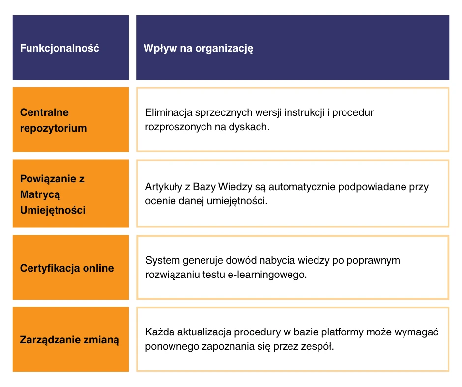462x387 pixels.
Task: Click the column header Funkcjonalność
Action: [59, 48]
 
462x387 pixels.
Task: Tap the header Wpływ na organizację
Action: [198, 48]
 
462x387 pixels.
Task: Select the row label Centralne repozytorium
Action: [54, 120]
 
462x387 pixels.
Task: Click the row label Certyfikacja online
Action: [67, 268]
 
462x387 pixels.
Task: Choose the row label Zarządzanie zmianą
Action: [69, 340]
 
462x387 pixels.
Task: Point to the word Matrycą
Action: [40, 194]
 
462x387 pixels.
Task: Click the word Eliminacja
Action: [169, 112]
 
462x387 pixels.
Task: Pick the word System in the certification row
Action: [163, 261]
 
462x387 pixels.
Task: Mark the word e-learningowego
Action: [267, 275]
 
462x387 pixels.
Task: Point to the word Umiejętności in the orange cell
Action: [53, 210]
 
